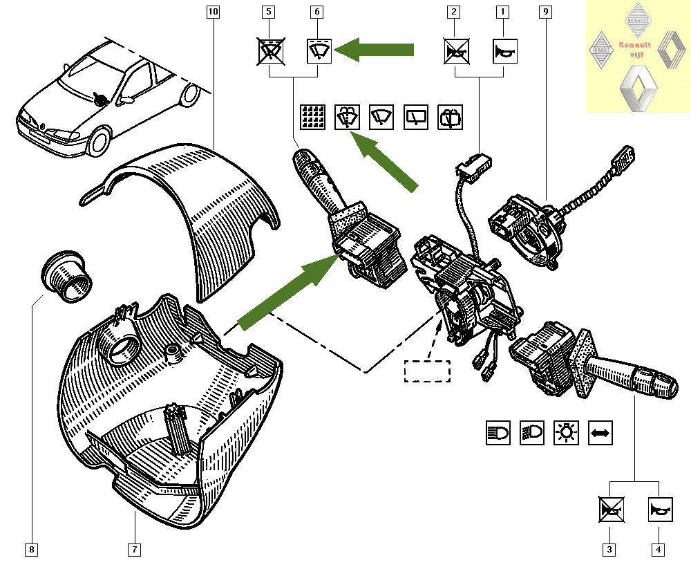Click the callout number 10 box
point(212,12)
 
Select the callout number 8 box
point(31,550)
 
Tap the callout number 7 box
point(134,550)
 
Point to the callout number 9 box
point(547,12)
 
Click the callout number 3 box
point(609,550)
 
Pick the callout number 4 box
point(659,550)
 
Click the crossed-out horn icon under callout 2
point(455,51)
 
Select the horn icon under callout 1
point(504,51)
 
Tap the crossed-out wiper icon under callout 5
point(269,51)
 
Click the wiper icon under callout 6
point(319,51)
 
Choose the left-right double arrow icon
point(600,433)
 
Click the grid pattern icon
point(312,117)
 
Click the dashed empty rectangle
point(426,371)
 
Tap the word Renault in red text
point(634,46)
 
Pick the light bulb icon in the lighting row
point(566,433)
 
